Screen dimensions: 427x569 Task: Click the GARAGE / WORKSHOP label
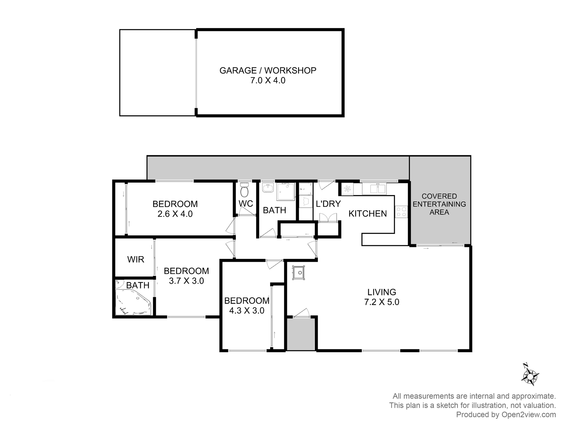pos(268,70)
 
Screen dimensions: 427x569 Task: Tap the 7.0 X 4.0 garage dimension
pos(268,80)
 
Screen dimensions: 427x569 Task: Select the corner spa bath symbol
pos(133,303)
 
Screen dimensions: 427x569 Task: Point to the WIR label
pos(136,259)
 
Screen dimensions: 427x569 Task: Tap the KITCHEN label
pos(367,213)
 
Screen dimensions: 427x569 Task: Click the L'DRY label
pos(328,204)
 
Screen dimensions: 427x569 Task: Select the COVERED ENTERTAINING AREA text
pos(439,204)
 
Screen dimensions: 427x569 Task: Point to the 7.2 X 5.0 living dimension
pos(381,302)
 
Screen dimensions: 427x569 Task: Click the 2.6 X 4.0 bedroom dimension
pos(175,214)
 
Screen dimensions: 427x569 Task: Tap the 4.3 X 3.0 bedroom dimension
pos(247,310)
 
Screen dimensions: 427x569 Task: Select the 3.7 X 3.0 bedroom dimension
pos(186,281)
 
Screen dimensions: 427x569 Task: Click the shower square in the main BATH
pos(286,192)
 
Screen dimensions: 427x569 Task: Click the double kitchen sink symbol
pos(378,189)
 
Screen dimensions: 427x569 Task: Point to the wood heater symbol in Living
pos(299,272)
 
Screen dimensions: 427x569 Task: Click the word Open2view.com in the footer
pos(528,415)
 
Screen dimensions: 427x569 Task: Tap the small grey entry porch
pos(301,334)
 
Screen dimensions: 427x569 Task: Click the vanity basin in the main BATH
pos(268,188)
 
